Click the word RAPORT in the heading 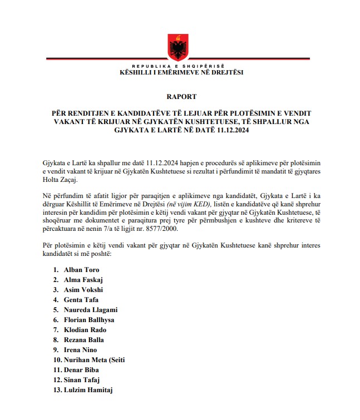click(181, 96)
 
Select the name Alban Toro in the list click(82, 270)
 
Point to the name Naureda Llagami click(91, 310)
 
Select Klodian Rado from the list click(84, 330)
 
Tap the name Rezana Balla click(84, 340)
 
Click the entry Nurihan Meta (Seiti click(95, 360)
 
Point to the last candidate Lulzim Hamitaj click(88, 390)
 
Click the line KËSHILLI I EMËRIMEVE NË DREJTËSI click(181, 72)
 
